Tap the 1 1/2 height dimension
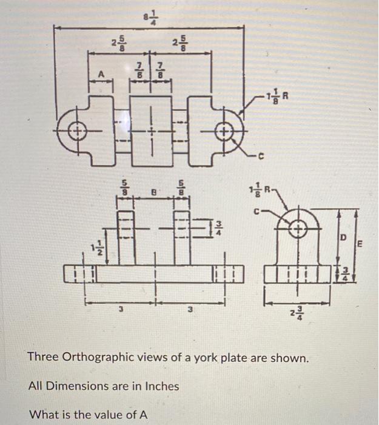click(92, 249)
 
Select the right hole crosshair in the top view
click(225, 131)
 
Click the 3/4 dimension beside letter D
click(343, 273)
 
